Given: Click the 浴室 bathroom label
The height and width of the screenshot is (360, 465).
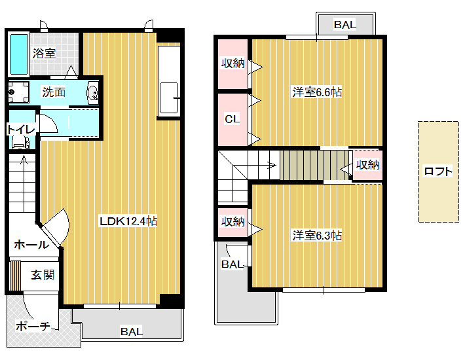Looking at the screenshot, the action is [44, 54].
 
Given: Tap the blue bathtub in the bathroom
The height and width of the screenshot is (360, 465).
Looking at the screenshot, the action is [19, 54].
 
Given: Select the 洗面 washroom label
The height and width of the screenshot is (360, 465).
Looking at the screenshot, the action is [54, 92].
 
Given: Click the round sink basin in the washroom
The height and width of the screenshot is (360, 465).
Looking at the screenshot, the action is [93, 94].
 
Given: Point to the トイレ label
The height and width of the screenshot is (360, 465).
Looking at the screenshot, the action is [21, 130].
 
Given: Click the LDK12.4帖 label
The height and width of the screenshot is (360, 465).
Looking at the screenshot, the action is [128, 221].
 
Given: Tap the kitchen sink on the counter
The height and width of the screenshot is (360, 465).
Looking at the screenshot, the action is [170, 98].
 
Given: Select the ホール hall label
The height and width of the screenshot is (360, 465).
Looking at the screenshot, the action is [31, 245].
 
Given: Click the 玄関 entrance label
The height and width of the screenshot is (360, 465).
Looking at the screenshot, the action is [43, 275].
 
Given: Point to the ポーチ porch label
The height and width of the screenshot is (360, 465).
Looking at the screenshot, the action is [33, 326].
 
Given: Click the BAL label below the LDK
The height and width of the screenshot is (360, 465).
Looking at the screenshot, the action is [132, 331].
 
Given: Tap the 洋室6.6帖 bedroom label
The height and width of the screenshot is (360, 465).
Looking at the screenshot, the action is [317, 92].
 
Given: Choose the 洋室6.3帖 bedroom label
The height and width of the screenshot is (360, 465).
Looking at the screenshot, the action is [317, 236].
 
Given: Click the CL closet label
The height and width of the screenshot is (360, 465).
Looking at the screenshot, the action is [232, 119].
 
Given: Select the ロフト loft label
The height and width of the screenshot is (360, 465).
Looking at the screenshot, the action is [438, 171].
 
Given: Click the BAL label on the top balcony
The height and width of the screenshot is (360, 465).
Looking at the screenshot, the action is [345, 25].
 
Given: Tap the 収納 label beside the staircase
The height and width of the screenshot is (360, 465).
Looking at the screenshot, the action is [367, 165].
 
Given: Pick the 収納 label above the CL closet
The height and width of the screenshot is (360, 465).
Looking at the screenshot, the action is [232, 63].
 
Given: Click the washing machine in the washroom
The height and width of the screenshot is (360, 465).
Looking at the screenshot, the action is [19, 92].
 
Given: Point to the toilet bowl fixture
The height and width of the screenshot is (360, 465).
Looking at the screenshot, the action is [21, 143].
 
